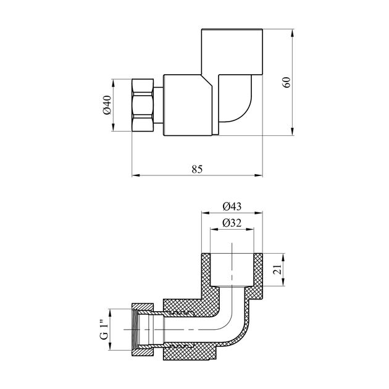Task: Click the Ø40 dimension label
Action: click(107, 105)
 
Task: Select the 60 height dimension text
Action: click(287, 82)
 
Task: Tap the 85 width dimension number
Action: click(197, 169)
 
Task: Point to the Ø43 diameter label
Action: click(232, 206)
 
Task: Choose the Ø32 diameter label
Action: click(232, 223)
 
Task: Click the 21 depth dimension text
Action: click(278, 269)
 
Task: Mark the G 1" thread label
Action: click(105, 330)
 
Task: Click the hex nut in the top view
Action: click(143, 105)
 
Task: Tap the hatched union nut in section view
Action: click(143, 330)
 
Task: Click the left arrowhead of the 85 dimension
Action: click(135, 175)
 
